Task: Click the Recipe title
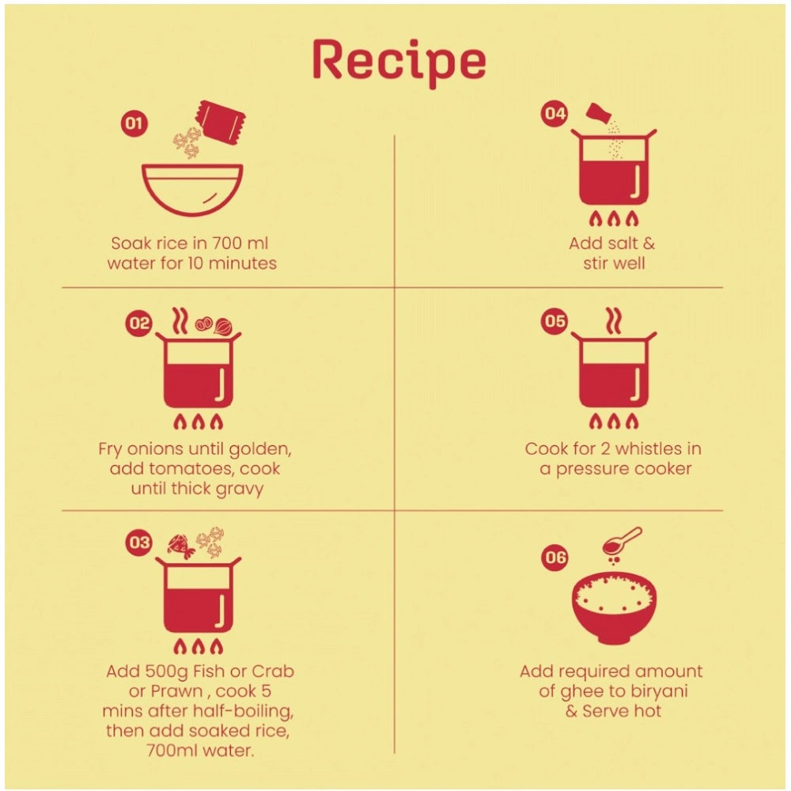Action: tap(399, 62)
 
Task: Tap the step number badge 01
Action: tap(134, 123)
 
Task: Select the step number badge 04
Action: tap(554, 113)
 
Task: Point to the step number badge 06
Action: tap(554, 557)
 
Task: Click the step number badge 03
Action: tap(138, 543)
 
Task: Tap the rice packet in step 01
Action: tap(221, 122)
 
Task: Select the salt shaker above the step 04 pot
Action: tap(598, 113)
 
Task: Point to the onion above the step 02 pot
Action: tap(223, 327)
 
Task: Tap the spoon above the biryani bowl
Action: tap(622, 541)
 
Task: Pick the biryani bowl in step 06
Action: tap(614, 608)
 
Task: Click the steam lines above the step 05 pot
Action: tap(614, 320)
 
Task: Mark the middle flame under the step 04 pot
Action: tap(614, 218)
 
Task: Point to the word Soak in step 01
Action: tap(131, 243)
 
